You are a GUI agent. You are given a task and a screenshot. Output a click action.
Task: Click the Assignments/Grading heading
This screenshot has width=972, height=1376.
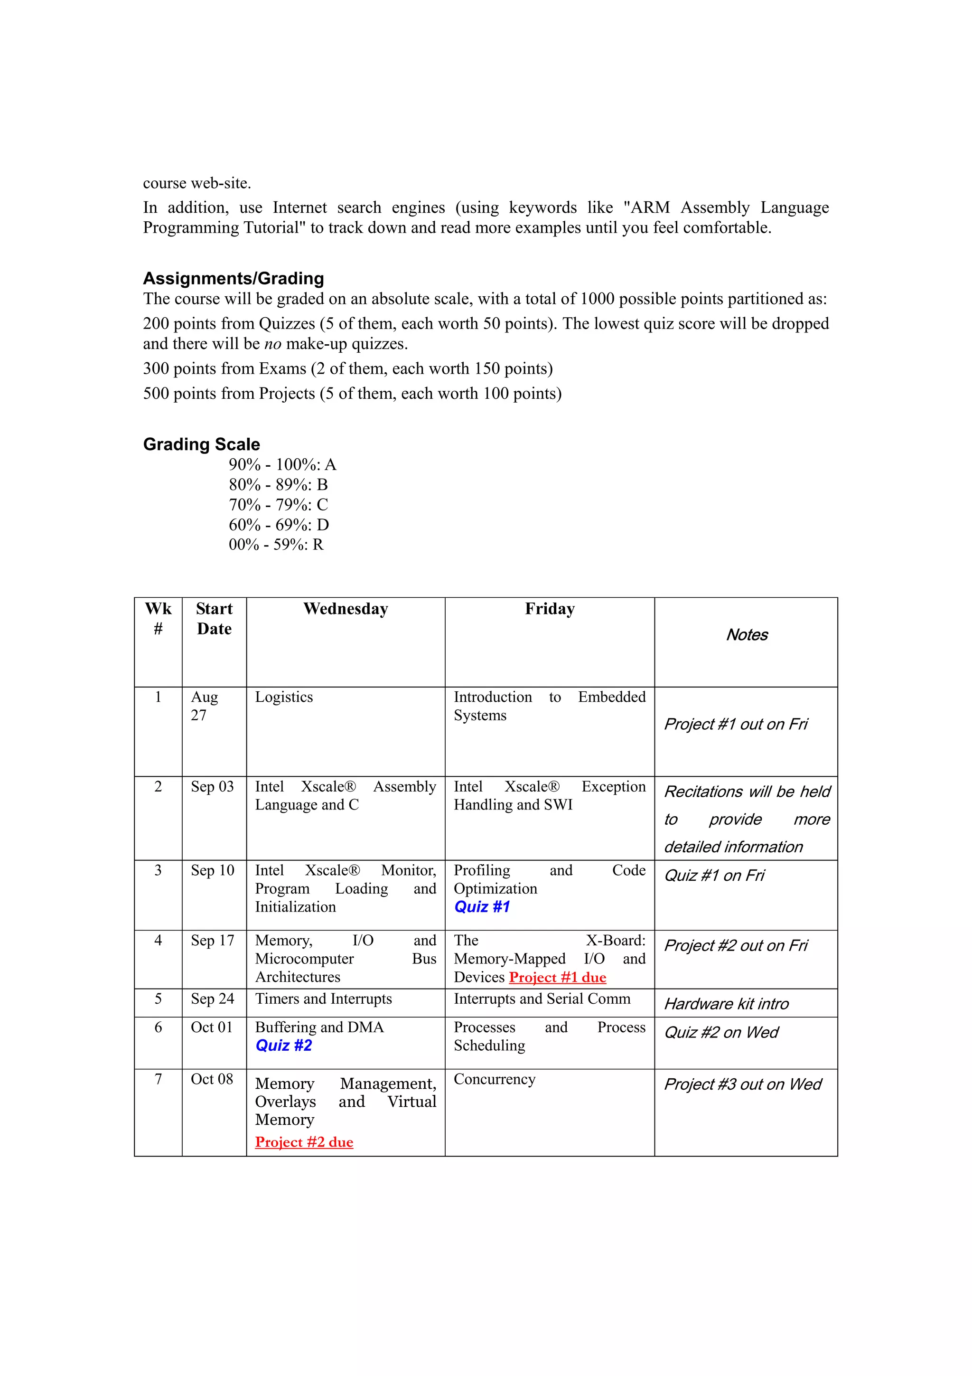[x=233, y=278]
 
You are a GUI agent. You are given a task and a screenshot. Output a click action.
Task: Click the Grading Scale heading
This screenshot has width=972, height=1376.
[x=201, y=444]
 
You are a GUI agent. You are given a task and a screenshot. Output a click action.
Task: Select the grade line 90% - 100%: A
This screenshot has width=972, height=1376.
[x=282, y=464]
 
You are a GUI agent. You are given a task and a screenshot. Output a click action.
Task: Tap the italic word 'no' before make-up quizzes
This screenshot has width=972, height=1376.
[x=272, y=344]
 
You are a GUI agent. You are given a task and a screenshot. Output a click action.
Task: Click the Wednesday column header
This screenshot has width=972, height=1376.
[x=346, y=609]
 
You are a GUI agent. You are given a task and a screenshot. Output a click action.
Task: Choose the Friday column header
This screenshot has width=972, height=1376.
[x=549, y=609]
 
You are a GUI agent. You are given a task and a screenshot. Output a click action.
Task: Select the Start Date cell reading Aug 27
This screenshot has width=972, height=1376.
[x=204, y=706]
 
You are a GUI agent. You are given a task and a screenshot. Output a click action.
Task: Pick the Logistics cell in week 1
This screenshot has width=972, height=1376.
[x=284, y=697]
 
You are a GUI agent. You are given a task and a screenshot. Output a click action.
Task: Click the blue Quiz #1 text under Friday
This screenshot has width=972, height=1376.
[x=482, y=907]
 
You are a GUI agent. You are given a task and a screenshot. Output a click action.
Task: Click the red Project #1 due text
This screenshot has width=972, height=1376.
[x=557, y=978]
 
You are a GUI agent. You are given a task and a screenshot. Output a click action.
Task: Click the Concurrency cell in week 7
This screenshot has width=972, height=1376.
[x=494, y=1079]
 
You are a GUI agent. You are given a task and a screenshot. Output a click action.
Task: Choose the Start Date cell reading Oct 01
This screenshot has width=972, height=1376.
[x=211, y=1027]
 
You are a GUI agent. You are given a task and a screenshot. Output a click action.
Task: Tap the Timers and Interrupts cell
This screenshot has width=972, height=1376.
[x=323, y=999]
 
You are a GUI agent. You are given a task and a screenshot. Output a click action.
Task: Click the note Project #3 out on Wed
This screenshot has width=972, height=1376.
[x=743, y=1084]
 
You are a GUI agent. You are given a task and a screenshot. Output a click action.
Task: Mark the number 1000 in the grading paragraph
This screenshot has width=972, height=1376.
[x=597, y=299]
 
